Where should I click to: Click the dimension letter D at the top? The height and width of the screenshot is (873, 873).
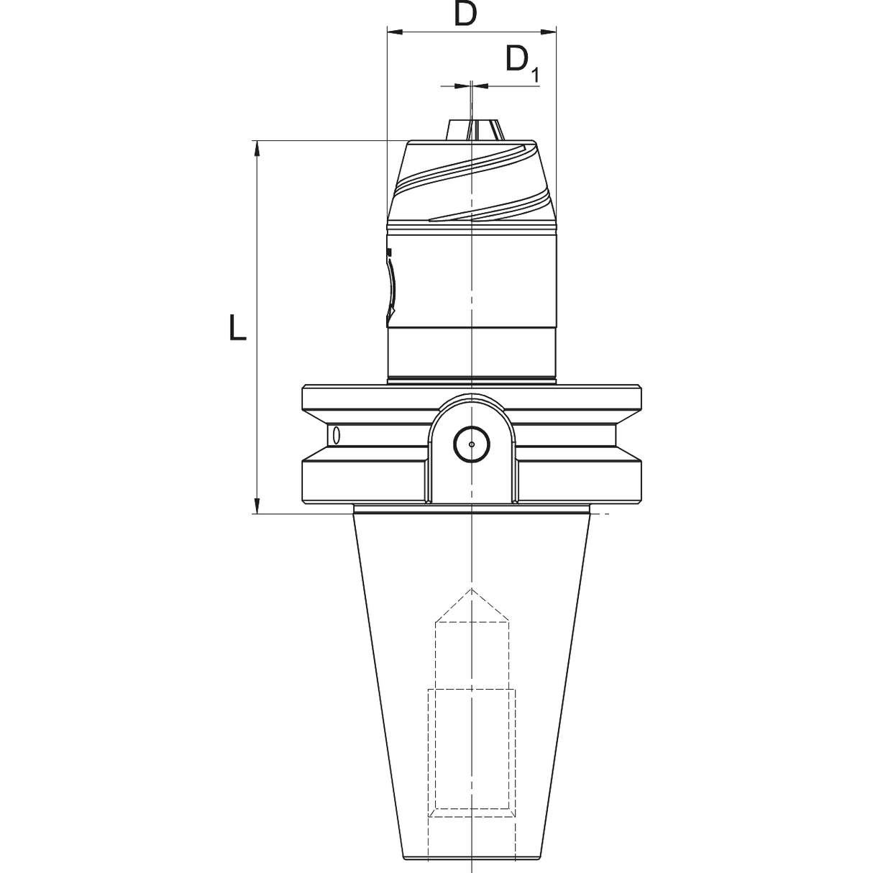[466, 14]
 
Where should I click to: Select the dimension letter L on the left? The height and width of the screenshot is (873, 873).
[237, 327]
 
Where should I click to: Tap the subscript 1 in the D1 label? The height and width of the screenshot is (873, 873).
[535, 75]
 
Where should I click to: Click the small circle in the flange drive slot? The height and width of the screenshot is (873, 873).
[472, 444]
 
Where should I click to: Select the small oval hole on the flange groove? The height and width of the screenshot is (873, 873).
[336, 435]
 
